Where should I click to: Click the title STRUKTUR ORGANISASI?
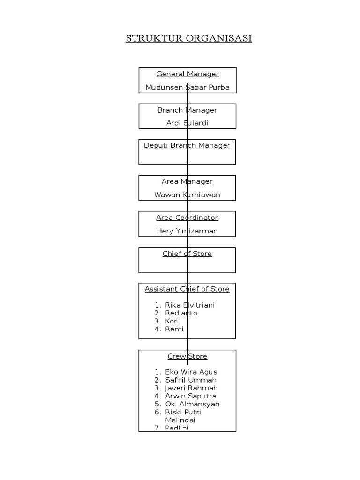pos(188,38)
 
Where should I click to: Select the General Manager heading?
pos(187,74)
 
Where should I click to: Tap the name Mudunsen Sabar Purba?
pos(187,87)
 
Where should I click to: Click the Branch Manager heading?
pos(187,110)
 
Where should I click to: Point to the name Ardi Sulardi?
pos(187,123)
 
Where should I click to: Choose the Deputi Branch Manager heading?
pos(187,145)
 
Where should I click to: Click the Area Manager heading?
pos(187,181)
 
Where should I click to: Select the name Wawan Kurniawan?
pos(187,195)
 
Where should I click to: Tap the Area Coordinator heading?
pos(187,217)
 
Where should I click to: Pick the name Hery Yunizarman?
pos(187,231)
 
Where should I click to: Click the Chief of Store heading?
pos(187,254)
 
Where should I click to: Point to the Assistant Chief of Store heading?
pos(187,289)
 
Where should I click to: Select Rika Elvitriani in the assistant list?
pos(190,305)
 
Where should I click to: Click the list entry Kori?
pos(172,321)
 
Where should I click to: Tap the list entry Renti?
pos(174,329)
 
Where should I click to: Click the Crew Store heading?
pos(187,356)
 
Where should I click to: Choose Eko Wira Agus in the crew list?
pos(191,372)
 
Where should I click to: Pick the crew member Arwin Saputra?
pos(191,396)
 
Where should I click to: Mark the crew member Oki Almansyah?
pos(192,404)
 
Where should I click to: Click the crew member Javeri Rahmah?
pos(191,388)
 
